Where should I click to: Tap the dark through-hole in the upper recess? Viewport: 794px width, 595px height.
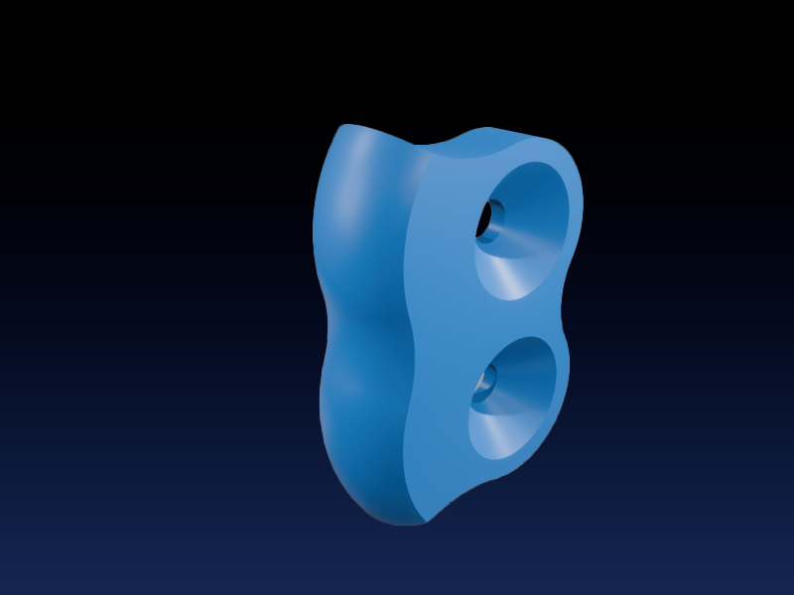point(489,220)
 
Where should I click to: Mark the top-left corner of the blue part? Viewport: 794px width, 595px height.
point(342,128)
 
